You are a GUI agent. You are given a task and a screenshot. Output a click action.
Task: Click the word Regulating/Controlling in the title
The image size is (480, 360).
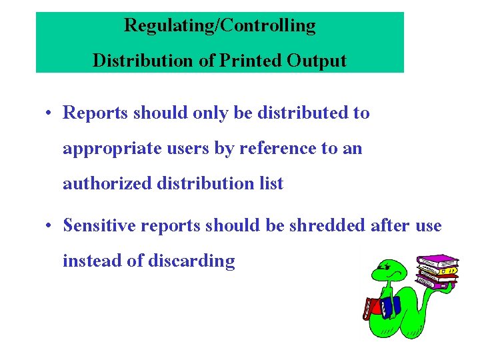click(x=219, y=26)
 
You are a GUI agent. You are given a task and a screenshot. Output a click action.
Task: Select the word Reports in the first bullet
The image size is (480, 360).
click(x=97, y=113)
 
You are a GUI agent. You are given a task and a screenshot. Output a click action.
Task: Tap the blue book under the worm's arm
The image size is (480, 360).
click(x=389, y=306)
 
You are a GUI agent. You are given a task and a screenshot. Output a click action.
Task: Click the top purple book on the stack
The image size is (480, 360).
click(x=437, y=259)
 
